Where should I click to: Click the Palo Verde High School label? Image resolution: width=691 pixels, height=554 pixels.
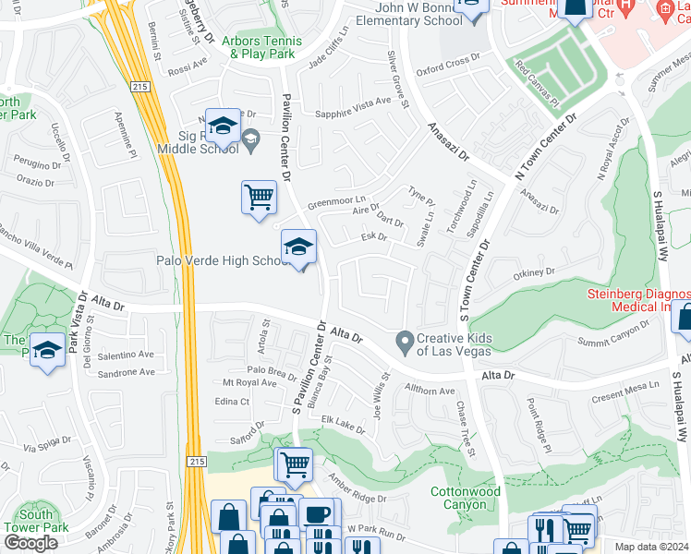pos(238,261)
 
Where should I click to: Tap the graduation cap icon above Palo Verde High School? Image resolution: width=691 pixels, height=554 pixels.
pos(297,247)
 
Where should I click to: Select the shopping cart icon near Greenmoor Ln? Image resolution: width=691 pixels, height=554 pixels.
pos(259,197)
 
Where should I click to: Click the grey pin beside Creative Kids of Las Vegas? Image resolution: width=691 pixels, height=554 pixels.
pos(404,341)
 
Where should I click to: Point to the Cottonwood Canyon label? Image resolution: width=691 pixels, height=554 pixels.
pos(466,499)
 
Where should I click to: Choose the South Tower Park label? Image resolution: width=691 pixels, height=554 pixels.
pos(42,521)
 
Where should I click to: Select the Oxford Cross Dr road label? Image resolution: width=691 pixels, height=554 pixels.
pos(448,63)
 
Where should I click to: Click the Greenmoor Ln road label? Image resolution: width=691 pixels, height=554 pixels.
pos(336,200)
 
